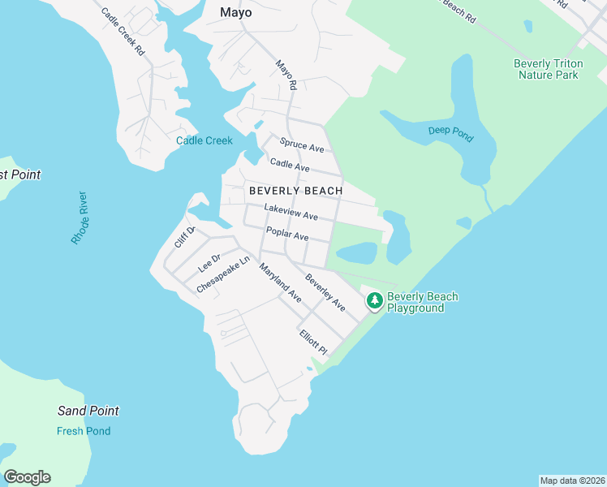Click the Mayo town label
[x=236, y=13]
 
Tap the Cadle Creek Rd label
[x=123, y=32]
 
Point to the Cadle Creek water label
[x=204, y=140]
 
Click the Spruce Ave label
[x=302, y=145]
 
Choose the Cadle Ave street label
[x=290, y=166]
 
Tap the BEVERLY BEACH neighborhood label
[x=295, y=190]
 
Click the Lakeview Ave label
[x=291, y=213]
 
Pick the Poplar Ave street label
[x=287, y=235]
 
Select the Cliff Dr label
[x=184, y=237]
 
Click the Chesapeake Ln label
[x=223, y=276]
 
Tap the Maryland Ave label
[x=280, y=283]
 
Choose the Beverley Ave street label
[x=325, y=293]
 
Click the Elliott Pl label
[x=312, y=342]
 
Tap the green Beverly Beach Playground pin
[x=374, y=300]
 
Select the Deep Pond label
[x=450, y=134]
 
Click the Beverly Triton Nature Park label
[x=548, y=69]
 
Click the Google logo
[x=28, y=477]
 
